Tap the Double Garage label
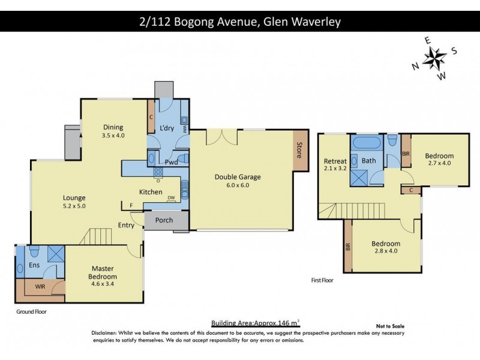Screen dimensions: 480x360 point(238,177)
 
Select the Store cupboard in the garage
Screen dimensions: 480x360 point(300,149)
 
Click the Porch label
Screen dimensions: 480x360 point(164,220)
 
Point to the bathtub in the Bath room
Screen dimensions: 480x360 point(367,143)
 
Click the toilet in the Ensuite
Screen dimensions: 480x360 point(34,251)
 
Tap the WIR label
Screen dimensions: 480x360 point(40,287)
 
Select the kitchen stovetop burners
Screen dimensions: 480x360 point(158,172)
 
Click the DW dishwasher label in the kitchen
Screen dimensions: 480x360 point(171,198)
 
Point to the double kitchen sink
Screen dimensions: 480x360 point(185,189)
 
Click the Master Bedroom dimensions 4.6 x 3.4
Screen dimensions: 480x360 point(103,284)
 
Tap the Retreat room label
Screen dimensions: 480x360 point(335,161)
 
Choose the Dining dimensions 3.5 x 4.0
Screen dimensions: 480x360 point(113,136)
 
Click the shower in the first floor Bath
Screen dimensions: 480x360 point(359,178)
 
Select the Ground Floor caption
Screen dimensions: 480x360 point(32,311)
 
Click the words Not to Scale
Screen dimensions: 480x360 point(391,326)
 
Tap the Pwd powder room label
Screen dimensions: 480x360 point(171,162)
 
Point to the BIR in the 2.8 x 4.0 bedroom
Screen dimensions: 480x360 point(348,246)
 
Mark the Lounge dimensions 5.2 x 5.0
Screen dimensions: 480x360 point(74,206)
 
